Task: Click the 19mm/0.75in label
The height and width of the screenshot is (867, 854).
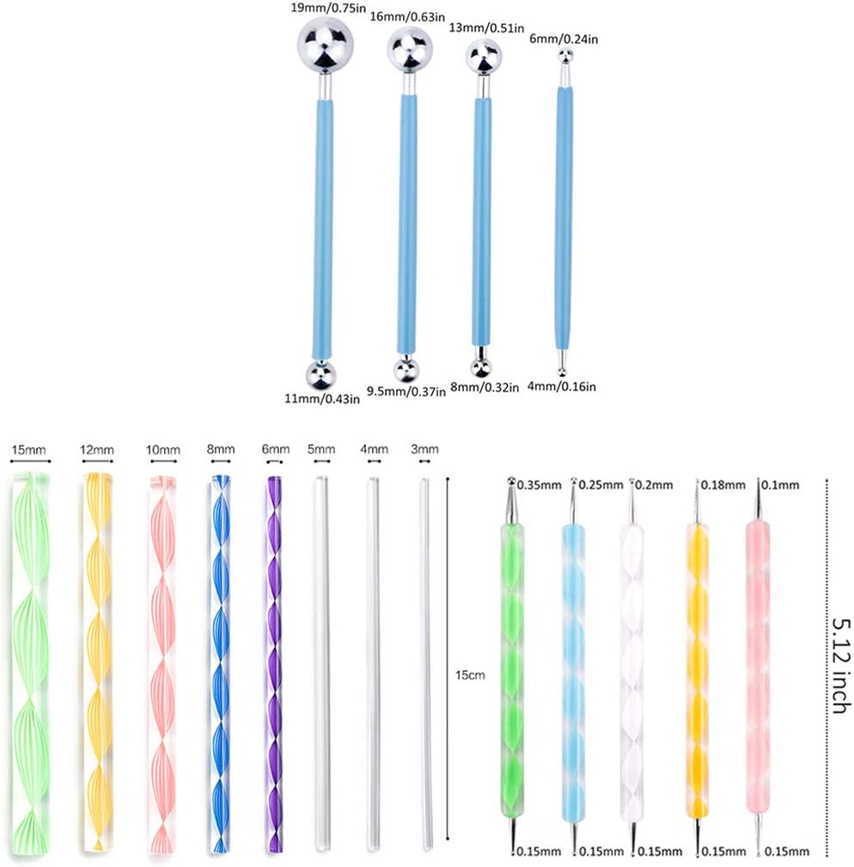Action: click(328, 9)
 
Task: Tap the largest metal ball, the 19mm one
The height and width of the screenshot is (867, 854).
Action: click(325, 45)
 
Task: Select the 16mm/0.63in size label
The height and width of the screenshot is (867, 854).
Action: click(407, 17)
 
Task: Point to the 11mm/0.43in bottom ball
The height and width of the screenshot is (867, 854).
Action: click(320, 375)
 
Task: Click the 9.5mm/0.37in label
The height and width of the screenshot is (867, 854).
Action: click(406, 392)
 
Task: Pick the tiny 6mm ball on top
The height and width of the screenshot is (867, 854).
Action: click(564, 55)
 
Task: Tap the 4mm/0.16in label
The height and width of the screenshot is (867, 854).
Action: click(562, 387)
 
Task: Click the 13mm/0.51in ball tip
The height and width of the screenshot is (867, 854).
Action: click(484, 57)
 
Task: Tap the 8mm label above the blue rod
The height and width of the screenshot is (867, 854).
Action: click(221, 449)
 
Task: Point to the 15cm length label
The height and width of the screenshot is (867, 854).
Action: click(470, 675)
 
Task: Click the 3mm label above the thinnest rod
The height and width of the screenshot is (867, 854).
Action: click(424, 449)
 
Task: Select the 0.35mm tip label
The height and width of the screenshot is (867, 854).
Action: click(539, 485)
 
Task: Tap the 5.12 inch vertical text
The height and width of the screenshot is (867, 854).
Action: click(840, 665)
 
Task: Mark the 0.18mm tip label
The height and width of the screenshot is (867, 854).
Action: click(723, 485)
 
